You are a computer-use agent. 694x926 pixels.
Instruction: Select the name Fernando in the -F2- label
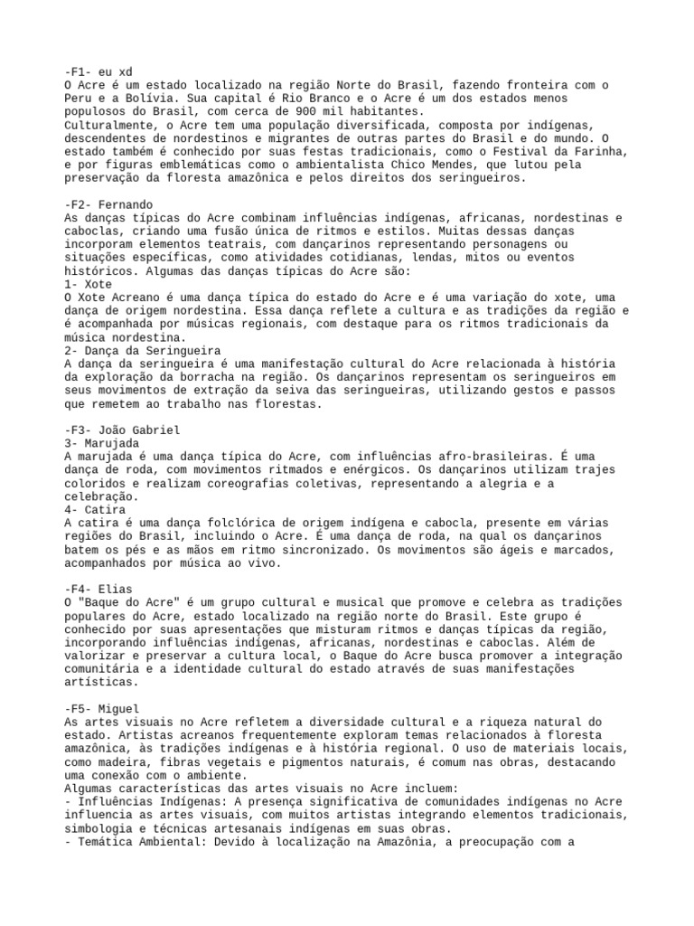coord(126,205)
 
